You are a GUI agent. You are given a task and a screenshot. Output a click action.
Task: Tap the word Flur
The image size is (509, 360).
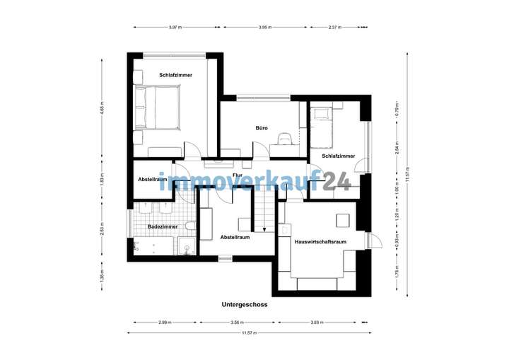pos(239,166)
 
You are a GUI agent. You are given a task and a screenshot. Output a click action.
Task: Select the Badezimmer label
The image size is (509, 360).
pos(162,227)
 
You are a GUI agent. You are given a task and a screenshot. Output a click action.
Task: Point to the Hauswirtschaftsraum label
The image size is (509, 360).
pos(320,242)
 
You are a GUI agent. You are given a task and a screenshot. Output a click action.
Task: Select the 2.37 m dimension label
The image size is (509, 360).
pos(335,28)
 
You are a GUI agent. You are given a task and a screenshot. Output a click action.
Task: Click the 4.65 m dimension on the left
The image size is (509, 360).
pos(102,110)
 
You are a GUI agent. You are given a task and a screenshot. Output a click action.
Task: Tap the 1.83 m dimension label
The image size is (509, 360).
pos(102,180)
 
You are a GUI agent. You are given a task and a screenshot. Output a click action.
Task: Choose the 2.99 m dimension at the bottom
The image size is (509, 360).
pos(164,323)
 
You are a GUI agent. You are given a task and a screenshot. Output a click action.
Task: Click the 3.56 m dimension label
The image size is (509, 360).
pos(239,323)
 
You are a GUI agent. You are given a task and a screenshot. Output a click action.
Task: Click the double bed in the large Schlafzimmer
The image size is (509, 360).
pos(158,108)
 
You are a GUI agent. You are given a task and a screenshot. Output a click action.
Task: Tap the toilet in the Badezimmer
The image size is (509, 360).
pos(189,226)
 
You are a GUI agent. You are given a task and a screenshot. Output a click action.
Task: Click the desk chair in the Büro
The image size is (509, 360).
pos(285,139)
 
